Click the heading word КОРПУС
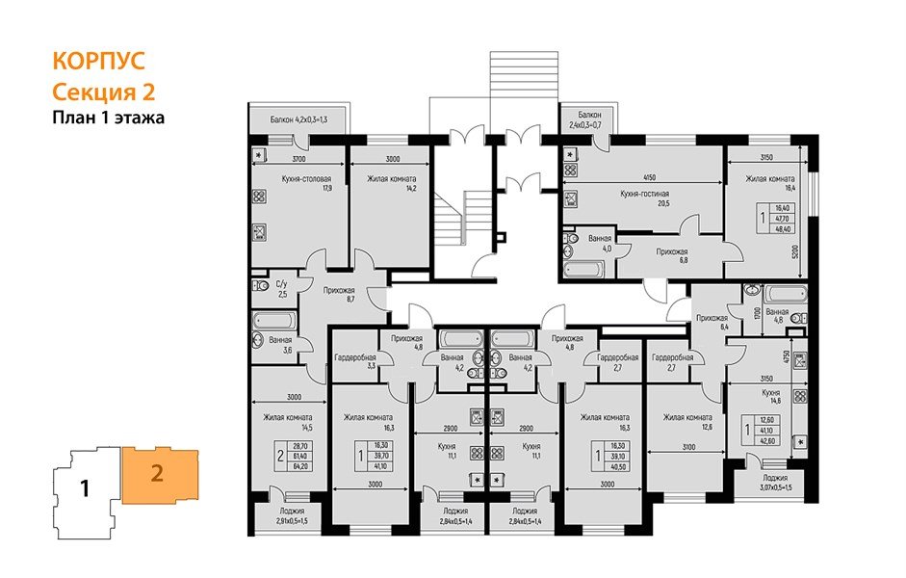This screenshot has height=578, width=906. click(x=96, y=61)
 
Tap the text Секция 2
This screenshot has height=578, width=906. click(x=103, y=92)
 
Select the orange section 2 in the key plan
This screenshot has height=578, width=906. click(x=155, y=473)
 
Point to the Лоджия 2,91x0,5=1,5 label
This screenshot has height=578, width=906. click(x=287, y=515)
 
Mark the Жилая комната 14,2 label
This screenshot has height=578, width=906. click(x=390, y=183)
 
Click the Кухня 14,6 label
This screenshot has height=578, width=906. click(x=771, y=398)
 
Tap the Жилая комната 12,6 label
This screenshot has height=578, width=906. click(x=686, y=423)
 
